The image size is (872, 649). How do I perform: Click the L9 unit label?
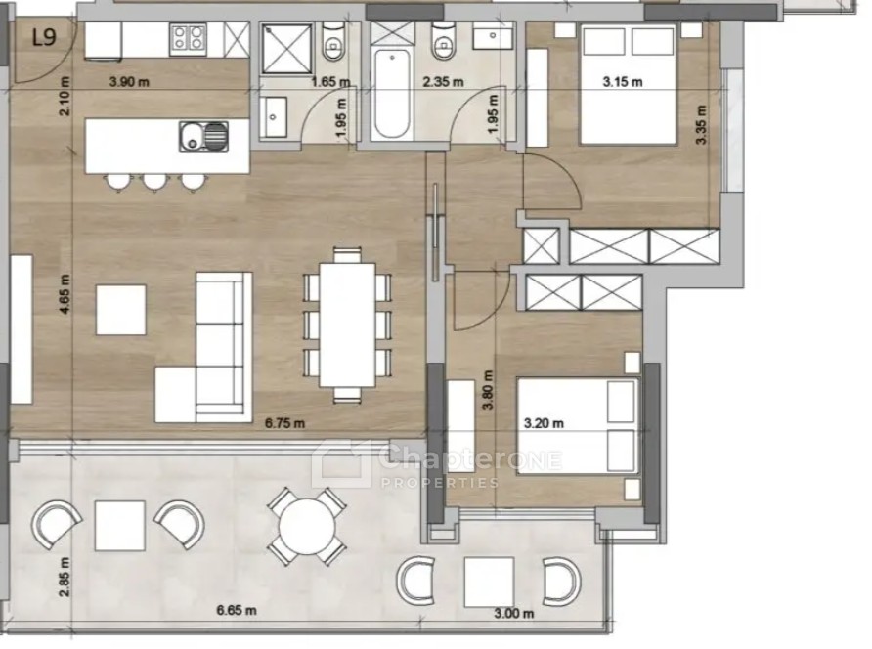point(44,37)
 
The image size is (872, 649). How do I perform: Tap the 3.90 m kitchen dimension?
point(129,82)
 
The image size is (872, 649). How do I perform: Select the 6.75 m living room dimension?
point(284,423)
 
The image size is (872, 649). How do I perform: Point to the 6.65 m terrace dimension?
point(237,610)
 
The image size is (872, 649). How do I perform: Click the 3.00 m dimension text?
point(514,614)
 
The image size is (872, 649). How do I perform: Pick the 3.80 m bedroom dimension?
point(488,390)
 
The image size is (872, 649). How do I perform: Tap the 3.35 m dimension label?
point(701,124)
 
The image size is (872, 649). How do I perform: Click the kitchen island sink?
point(203,136)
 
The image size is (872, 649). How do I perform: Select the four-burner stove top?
point(188,39)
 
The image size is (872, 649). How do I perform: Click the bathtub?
point(392,95)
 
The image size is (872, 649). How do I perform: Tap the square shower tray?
point(286,49)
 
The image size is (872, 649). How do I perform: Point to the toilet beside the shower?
point(333,42)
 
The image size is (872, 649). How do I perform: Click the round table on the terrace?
point(307,526)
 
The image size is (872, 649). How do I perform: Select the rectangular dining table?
point(347,324)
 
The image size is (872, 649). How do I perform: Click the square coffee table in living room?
point(120,310)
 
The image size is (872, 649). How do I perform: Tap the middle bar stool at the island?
point(155,181)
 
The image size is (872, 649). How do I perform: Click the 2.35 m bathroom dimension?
point(443,82)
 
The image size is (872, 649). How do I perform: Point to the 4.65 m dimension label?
point(65,294)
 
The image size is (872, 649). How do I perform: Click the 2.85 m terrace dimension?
point(65,577)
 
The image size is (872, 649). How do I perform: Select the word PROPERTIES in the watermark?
point(440,482)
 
